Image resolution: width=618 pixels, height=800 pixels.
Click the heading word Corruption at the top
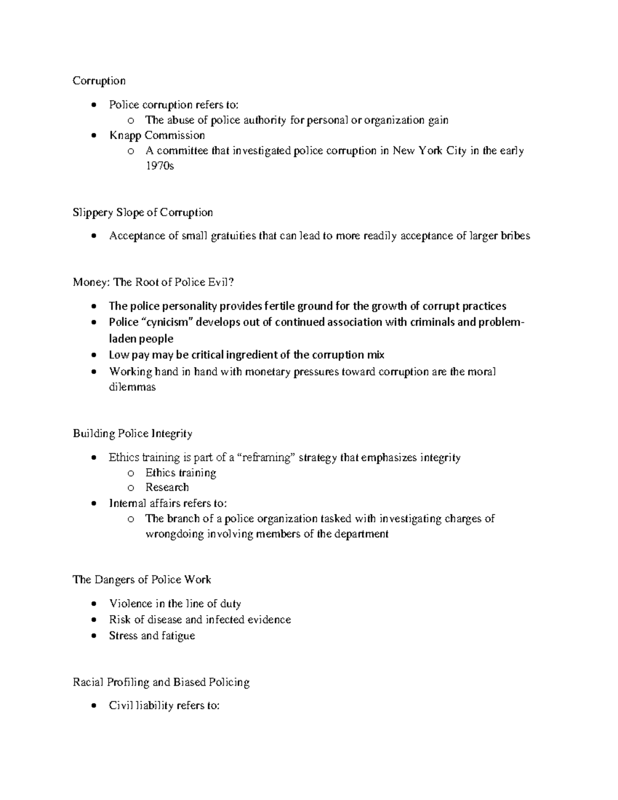99,81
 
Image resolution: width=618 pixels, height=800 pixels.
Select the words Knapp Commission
157,135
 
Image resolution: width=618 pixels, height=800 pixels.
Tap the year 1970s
160,166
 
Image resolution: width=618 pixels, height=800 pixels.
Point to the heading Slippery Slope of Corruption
143,212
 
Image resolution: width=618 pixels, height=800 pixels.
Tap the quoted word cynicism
166,322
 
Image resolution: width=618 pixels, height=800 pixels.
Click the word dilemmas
132,387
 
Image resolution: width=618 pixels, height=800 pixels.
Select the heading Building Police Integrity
132,434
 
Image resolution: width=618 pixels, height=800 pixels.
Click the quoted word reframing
268,457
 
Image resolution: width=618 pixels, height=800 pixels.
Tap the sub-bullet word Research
167,487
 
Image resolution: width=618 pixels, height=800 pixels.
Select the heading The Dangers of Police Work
142,580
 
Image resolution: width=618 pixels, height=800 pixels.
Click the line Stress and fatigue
151,636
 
